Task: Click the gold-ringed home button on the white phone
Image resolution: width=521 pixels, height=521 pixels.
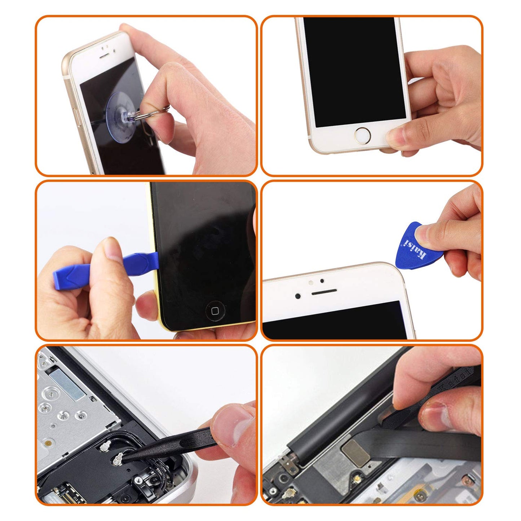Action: (x=362, y=136)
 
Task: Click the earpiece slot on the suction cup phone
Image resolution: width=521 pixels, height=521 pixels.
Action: (x=104, y=57)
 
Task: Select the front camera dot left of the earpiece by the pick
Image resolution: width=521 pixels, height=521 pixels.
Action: (x=298, y=296)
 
